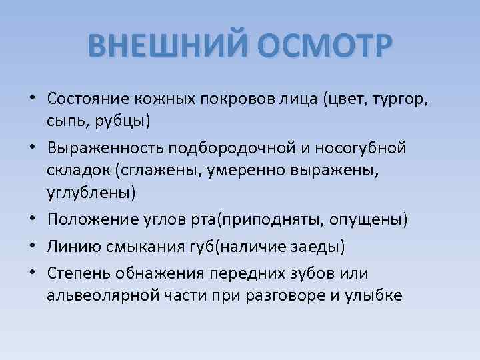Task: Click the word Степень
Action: click(x=79, y=273)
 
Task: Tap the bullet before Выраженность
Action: click(x=32, y=147)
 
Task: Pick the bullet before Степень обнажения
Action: click(x=32, y=273)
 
